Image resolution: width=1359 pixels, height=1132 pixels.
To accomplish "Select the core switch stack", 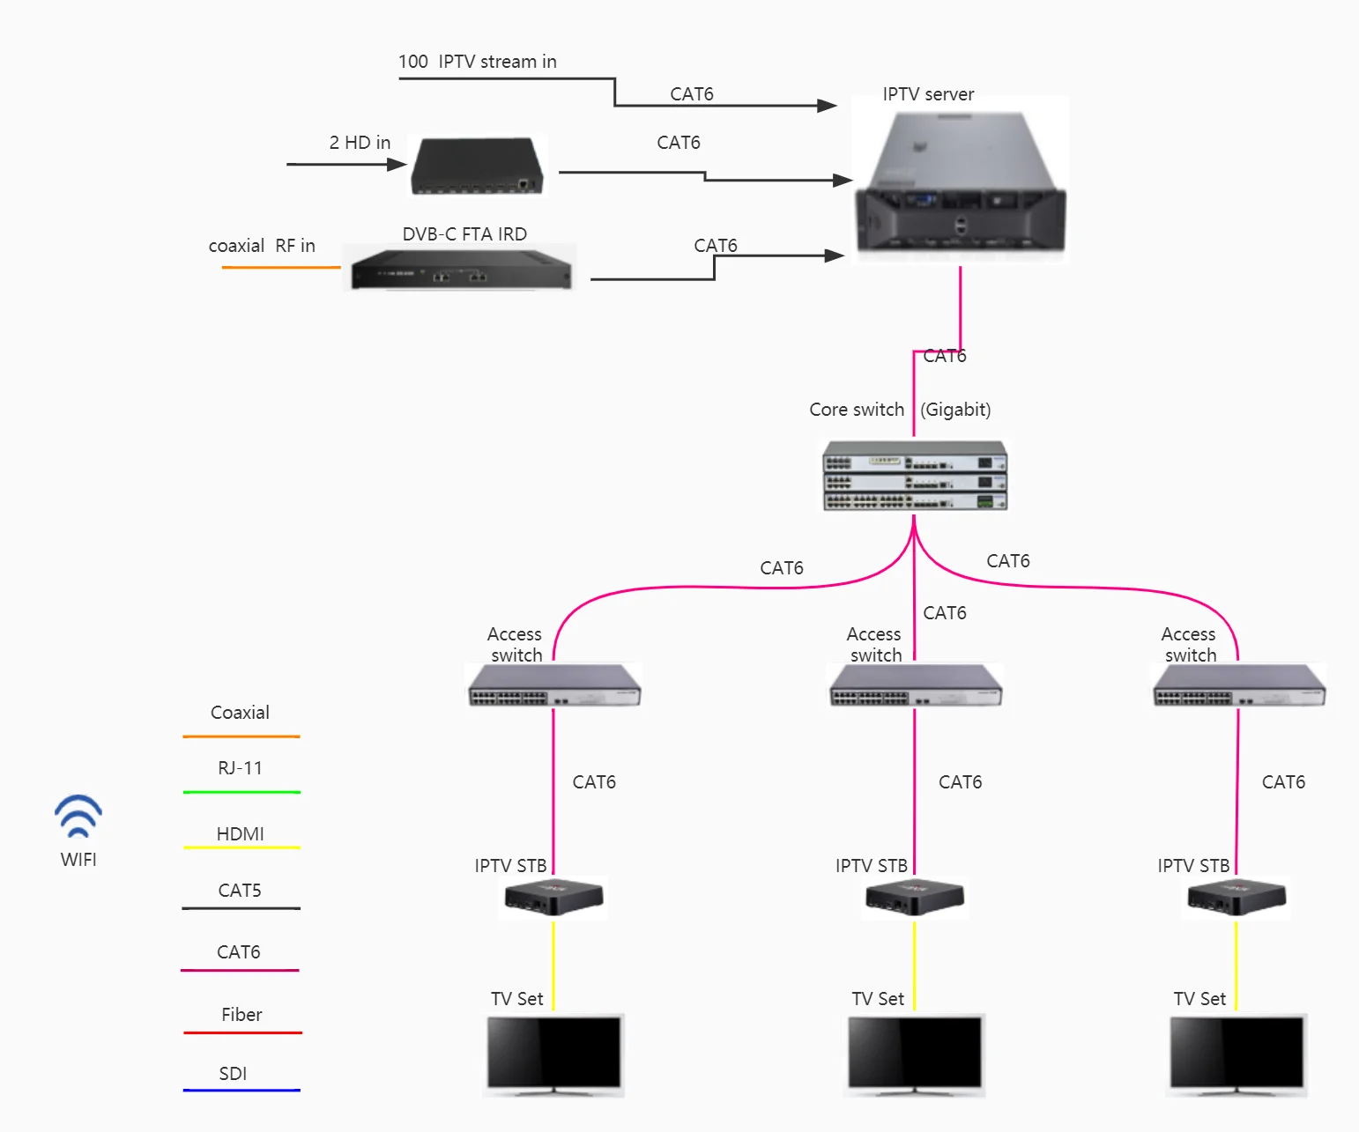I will (x=915, y=477).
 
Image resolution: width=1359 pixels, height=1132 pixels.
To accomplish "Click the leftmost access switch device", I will (x=554, y=686).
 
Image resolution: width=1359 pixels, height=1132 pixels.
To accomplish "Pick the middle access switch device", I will (x=916, y=686).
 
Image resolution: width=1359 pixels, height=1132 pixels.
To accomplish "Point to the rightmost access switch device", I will (x=1238, y=686).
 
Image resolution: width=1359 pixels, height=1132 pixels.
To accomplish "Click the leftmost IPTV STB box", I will (x=554, y=898).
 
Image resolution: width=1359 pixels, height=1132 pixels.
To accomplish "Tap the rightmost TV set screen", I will (x=1237, y=1053).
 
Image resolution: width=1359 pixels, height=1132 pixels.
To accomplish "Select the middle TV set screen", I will (x=915, y=1053).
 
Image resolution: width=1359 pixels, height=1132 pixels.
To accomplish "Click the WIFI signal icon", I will (x=78, y=817).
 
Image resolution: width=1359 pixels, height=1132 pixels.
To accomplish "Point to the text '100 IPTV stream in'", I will (x=477, y=62).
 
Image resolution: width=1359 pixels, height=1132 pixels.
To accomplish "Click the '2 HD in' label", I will (x=360, y=143).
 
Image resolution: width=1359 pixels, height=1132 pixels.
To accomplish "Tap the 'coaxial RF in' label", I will (x=262, y=246).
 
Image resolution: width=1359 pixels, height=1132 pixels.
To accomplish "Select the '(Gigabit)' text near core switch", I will (x=955, y=410).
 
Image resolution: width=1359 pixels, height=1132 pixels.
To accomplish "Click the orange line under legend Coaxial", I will (x=241, y=736).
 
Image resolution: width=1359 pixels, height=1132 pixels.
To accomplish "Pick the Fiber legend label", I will (x=241, y=1015).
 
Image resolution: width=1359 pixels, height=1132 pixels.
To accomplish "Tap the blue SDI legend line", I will (x=241, y=1091).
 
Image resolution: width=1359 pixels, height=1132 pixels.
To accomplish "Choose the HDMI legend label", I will (x=240, y=833).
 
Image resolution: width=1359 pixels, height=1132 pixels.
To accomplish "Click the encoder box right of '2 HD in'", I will (x=478, y=166).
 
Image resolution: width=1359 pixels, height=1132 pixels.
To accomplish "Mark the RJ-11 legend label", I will (x=240, y=768).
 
